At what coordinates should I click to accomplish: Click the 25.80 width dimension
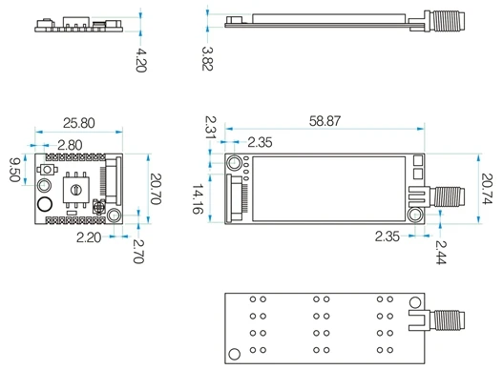pyautogui.click(x=79, y=123)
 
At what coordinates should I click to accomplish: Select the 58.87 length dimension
pyautogui.click(x=325, y=121)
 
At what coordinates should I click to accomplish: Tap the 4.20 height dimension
pyautogui.click(x=141, y=60)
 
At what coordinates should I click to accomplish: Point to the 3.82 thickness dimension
pyautogui.click(x=207, y=58)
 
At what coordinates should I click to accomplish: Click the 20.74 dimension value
pyautogui.click(x=487, y=189)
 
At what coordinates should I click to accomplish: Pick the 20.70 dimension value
pyautogui.click(x=156, y=189)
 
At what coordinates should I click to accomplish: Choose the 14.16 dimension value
pyautogui.click(x=197, y=198)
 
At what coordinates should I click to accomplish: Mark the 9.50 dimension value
pyautogui.click(x=14, y=170)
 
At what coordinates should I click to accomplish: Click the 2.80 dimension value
pyautogui.click(x=70, y=145)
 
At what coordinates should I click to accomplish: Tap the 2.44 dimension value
pyautogui.click(x=441, y=252)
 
